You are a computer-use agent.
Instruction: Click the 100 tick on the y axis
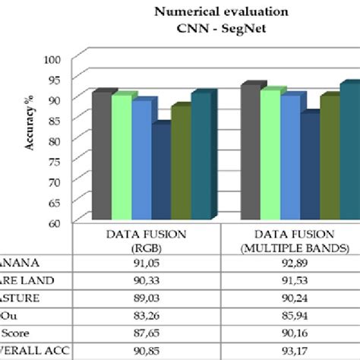(52, 59)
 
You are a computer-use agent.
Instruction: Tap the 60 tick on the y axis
(54, 223)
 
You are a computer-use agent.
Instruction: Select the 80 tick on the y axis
(54, 141)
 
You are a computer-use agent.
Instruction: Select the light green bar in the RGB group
(122, 157)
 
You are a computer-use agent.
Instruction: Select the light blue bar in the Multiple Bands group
(289, 156)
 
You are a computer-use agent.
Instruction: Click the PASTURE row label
(23, 298)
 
